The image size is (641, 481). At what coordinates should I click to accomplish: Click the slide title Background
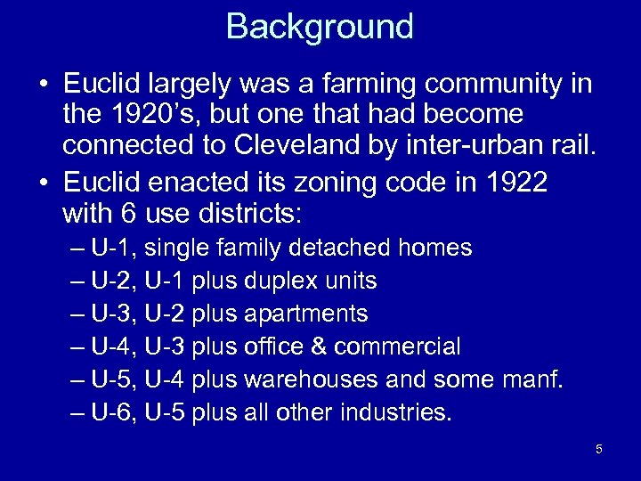pyautogui.click(x=320, y=27)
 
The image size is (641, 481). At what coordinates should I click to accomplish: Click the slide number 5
pyautogui.click(x=598, y=449)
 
